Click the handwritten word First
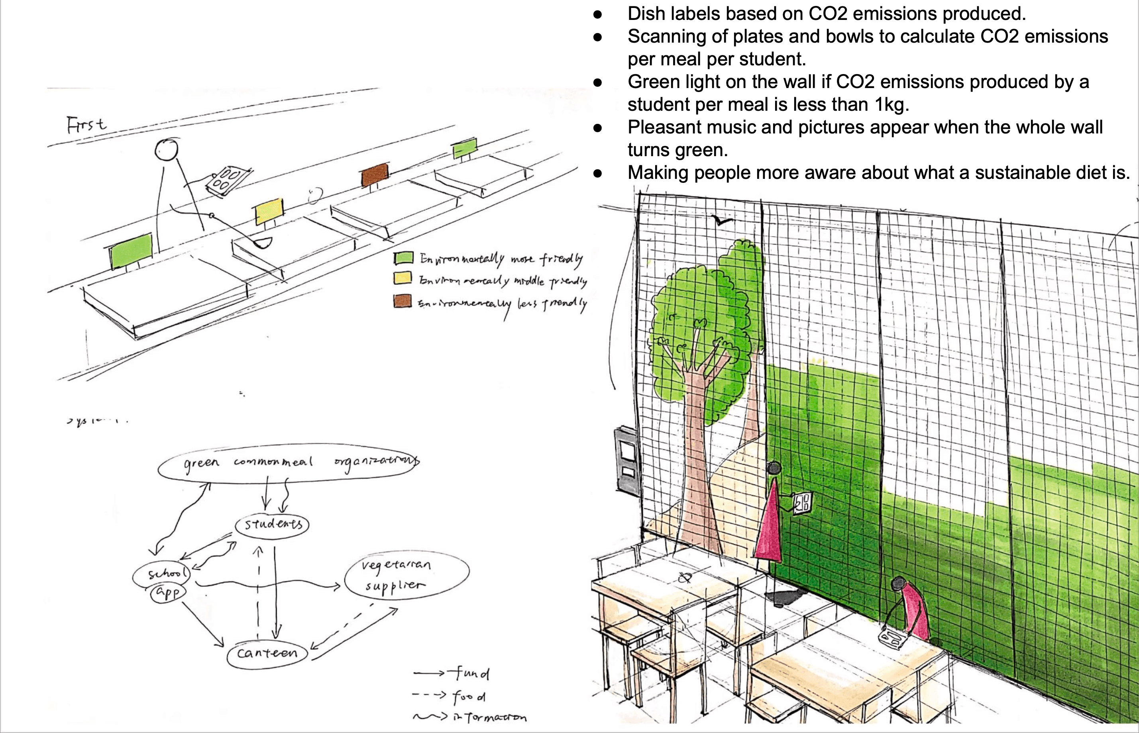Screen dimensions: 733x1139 click(x=86, y=125)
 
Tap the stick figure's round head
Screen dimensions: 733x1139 click(x=167, y=149)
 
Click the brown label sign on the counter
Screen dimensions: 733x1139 click(x=375, y=175)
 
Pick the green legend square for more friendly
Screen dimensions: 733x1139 click(x=403, y=258)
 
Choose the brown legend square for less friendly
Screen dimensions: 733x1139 click(x=403, y=301)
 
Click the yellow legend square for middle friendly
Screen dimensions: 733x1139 click(x=403, y=278)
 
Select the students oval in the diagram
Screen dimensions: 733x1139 click(x=272, y=525)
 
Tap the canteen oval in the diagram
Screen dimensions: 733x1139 click(x=267, y=653)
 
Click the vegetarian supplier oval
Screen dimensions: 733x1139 click(x=406, y=575)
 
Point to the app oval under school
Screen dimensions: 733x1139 click(x=168, y=593)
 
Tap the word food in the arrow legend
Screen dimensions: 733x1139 click(x=469, y=697)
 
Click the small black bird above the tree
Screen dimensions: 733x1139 click(x=722, y=220)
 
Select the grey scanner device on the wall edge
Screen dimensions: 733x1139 click(x=626, y=459)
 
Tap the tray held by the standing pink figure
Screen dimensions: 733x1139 click(x=802, y=503)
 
